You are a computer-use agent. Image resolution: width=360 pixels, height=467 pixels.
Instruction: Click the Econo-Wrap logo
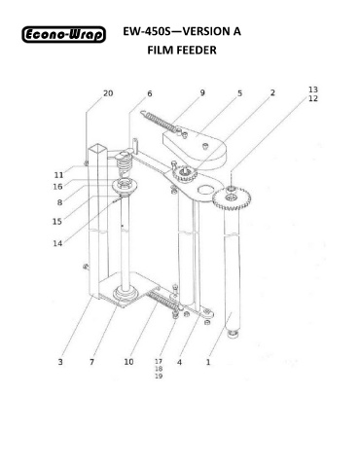[64, 34]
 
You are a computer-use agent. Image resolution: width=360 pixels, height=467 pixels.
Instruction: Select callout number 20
[108, 93]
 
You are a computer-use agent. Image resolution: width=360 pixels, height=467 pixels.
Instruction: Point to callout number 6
[150, 93]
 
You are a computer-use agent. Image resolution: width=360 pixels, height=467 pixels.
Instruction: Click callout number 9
[202, 92]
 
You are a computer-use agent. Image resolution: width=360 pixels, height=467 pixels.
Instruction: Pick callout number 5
[239, 93]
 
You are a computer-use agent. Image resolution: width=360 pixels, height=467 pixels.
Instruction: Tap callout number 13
[313, 90]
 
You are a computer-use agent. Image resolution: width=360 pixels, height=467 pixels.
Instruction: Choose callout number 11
[58, 175]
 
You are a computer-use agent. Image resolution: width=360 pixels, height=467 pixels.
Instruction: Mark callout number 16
[57, 187]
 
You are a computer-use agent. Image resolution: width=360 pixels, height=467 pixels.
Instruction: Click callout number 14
[57, 243]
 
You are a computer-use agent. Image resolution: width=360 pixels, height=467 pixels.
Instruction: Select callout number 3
[60, 362]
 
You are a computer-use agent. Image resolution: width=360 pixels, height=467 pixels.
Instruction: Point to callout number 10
[128, 362]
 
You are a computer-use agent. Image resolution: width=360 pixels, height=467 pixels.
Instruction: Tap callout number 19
[159, 377]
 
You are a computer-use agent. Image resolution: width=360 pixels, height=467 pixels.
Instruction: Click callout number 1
[208, 362]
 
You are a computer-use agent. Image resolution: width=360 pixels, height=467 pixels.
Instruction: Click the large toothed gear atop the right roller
[232, 198]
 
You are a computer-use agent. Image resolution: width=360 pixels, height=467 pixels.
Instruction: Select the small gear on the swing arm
[185, 175]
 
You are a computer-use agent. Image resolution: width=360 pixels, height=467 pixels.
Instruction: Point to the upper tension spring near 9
[160, 121]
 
